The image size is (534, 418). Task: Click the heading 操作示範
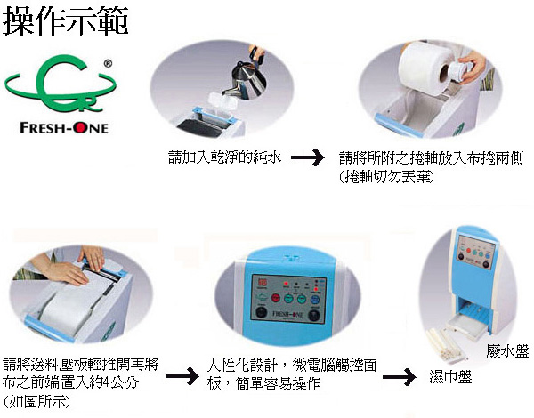click(x=65, y=20)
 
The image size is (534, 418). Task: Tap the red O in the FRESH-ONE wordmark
click(x=81, y=128)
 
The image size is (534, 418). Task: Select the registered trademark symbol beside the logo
click(x=108, y=63)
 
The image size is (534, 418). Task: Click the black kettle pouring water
click(x=248, y=76)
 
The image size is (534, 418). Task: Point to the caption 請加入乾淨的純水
click(x=225, y=157)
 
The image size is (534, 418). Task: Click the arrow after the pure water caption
click(x=308, y=157)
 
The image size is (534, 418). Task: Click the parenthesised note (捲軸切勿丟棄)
click(x=386, y=177)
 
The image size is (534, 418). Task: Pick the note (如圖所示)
click(x=36, y=401)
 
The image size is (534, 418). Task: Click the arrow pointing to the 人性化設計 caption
click(x=182, y=376)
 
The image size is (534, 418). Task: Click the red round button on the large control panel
click(x=276, y=299)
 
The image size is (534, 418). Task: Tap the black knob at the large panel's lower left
click(x=261, y=312)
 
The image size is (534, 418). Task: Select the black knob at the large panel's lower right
click(x=313, y=315)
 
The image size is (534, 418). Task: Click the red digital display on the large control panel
click(x=263, y=282)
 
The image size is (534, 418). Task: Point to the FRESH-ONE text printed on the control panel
click(x=287, y=314)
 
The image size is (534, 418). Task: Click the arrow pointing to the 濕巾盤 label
click(x=399, y=376)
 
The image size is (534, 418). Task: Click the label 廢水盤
click(x=507, y=351)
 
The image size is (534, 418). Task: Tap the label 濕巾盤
click(x=450, y=376)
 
